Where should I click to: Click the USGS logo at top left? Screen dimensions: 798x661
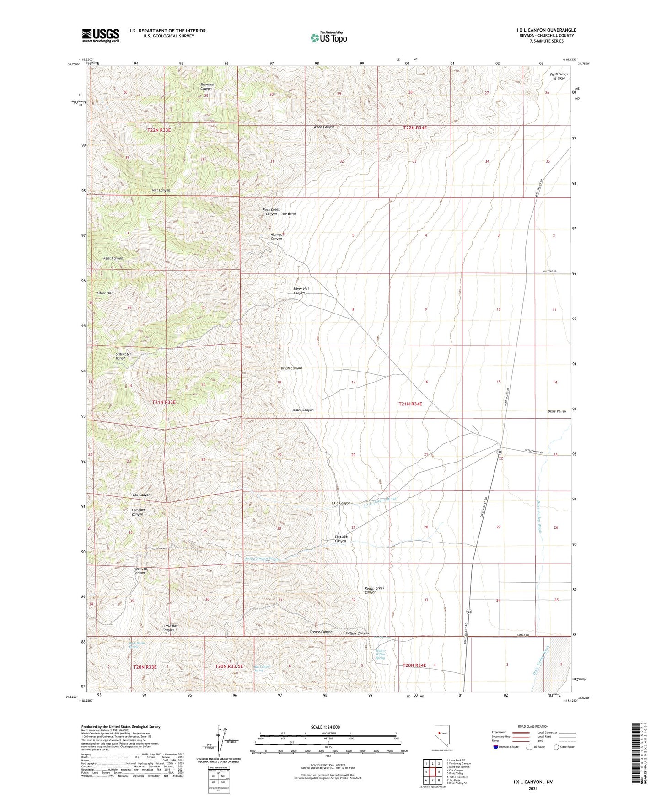[x=100, y=35]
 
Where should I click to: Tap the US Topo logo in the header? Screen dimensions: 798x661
[x=328, y=37]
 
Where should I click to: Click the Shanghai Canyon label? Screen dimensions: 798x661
[x=207, y=87]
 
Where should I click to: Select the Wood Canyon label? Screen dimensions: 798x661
[x=324, y=127]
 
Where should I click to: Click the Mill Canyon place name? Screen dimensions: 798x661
[x=161, y=190]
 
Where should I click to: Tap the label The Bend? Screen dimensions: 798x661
[x=288, y=214]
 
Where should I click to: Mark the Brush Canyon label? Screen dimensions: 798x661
[x=291, y=368]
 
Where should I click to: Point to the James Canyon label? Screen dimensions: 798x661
[x=303, y=410]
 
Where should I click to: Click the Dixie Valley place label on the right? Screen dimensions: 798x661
[x=557, y=411]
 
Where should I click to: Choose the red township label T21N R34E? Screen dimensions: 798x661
[x=410, y=404]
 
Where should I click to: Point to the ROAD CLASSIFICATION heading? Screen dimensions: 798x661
[x=533, y=726]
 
